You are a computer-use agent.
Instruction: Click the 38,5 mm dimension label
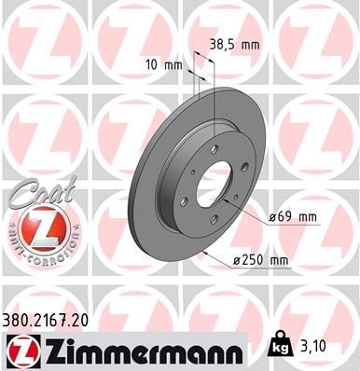click(234, 44)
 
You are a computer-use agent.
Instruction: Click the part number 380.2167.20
click(52, 319)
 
